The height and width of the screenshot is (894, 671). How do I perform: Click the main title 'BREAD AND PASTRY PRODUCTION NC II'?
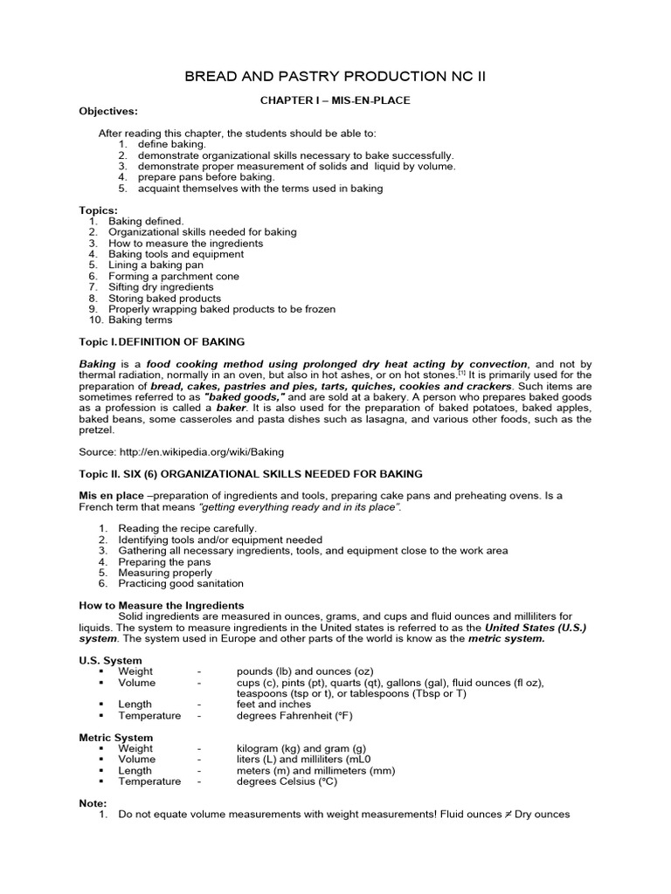pyautogui.click(x=335, y=77)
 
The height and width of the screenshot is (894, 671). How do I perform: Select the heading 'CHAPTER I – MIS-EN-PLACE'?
pyautogui.click(x=335, y=100)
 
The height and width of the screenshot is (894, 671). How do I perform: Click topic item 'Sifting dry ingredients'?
pyautogui.click(x=161, y=286)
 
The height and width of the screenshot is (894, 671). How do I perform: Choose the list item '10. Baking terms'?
pyautogui.click(x=130, y=320)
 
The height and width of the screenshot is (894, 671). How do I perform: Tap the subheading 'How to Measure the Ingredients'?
pyautogui.click(x=162, y=605)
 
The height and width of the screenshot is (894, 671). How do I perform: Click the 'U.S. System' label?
pyautogui.click(x=111, y=660)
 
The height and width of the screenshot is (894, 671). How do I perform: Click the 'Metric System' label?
pyautogui.click(x=116, y=738)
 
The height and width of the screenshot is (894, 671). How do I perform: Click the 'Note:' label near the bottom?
pyautogui.click(x=93, y=803)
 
